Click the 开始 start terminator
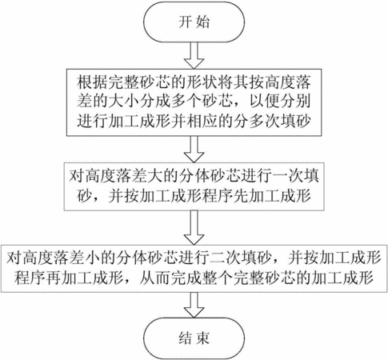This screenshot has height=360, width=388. click(194, 22)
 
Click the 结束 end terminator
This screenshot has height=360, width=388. click(194, 338)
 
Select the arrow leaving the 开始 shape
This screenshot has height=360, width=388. click(194, 55)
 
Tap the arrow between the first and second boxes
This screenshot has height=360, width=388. click(194, 149)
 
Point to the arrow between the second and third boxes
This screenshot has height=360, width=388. click(194, 227)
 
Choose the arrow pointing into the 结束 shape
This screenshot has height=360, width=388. click(194, 305)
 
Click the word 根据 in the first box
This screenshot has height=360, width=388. click(92, 82)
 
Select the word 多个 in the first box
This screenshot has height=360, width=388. click(186, 102)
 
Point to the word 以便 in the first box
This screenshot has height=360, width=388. click(264, 102)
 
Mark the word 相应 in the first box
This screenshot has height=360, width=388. click(201, 122)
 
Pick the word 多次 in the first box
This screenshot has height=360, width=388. click(263, 122)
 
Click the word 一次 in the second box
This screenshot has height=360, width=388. click(288, 176)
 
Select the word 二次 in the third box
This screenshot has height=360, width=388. click(225, 258)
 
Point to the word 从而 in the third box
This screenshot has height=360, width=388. click(154, 278)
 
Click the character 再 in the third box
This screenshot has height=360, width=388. click(54, 278)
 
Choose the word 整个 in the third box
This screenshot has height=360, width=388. click(217, 278)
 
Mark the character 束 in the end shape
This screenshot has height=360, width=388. click(202, 338)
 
